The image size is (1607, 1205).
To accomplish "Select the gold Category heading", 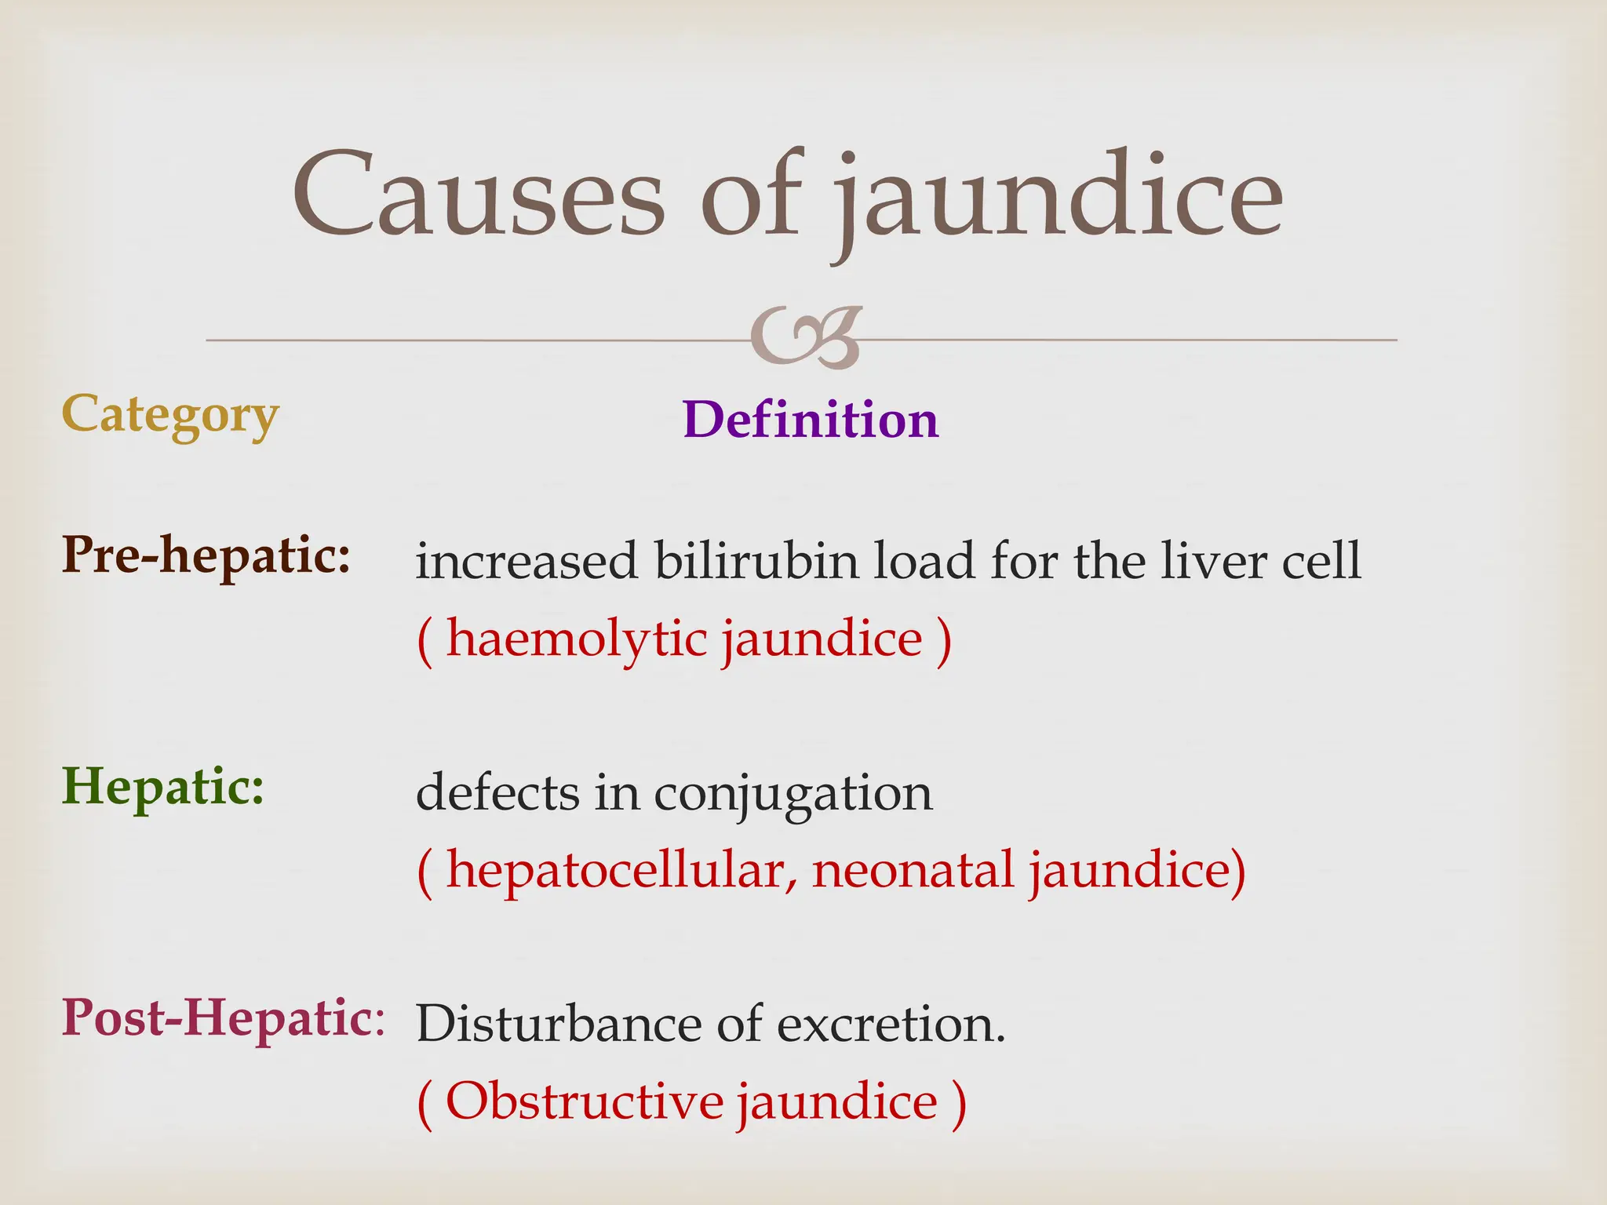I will [x=170, y=416].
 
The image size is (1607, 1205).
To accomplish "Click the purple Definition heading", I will [x=811, y=420].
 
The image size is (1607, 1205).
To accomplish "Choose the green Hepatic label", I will [x=163, y=787].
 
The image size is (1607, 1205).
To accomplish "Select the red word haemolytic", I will [x=578, y=639].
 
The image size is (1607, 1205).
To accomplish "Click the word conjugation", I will [x=793, y=794].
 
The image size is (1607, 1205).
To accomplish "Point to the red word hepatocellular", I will [x=616, y=871].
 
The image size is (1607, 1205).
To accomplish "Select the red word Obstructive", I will [x=585, y=1101].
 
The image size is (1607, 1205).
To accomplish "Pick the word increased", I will [x=527, y=562].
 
